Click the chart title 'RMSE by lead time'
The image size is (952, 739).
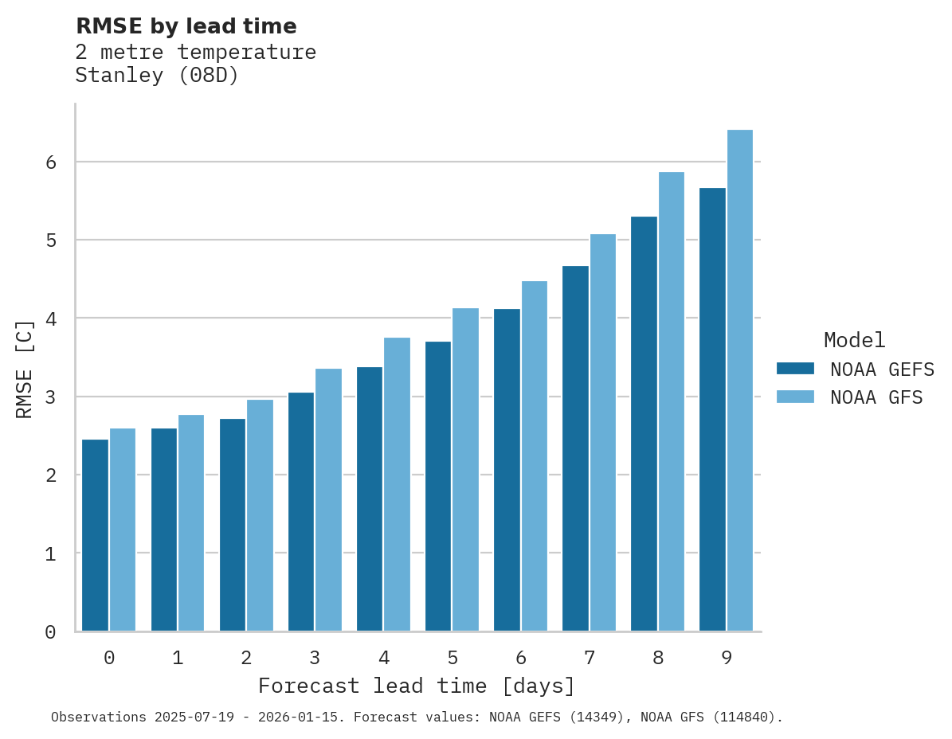186,26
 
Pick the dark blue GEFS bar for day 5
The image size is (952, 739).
438,487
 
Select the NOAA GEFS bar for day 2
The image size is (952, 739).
233,525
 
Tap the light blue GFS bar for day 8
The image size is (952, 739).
672,402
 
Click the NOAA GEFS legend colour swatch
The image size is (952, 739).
795,369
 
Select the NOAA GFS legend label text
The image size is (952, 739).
876,397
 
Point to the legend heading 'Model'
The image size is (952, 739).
854,340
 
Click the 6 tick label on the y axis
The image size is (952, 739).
50,162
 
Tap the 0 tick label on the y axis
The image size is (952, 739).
50,632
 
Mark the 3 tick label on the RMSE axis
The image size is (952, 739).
50,397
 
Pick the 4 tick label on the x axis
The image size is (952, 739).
383,659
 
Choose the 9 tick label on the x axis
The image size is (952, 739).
727,659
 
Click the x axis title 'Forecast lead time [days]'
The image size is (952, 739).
416,686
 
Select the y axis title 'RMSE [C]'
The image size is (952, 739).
25,369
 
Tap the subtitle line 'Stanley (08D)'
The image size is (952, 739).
157,76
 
